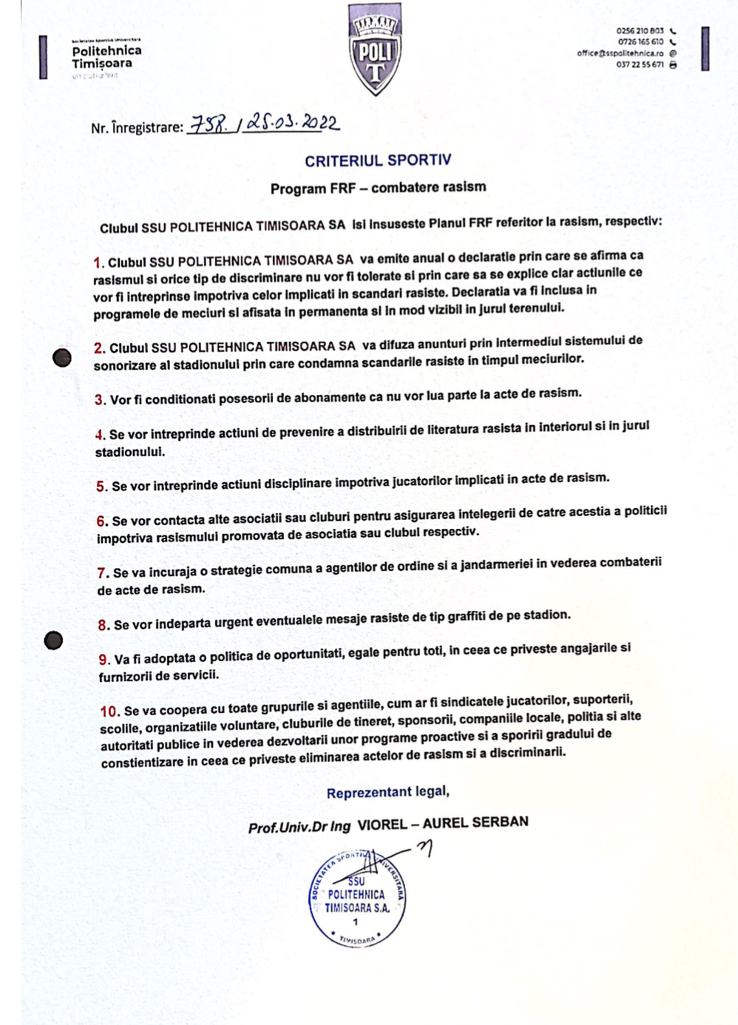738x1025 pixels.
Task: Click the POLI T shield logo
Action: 375,49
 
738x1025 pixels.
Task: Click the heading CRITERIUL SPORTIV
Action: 378,160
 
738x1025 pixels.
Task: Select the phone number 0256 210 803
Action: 640,31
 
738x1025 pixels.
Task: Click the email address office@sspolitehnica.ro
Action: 620,53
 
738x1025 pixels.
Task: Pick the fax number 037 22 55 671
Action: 640,65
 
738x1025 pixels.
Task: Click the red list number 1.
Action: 98,263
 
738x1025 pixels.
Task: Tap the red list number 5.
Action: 102,487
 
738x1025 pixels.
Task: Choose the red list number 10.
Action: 109,711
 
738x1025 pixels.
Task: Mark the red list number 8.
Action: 104,626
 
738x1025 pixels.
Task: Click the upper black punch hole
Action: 62,358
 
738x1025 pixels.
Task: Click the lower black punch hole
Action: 53,640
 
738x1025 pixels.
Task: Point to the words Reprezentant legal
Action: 387,792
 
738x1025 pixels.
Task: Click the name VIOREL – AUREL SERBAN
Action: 442,823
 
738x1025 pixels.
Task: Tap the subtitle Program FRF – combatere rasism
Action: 378,188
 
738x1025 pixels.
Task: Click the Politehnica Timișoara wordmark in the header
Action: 106,57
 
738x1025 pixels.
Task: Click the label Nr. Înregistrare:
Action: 137,128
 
